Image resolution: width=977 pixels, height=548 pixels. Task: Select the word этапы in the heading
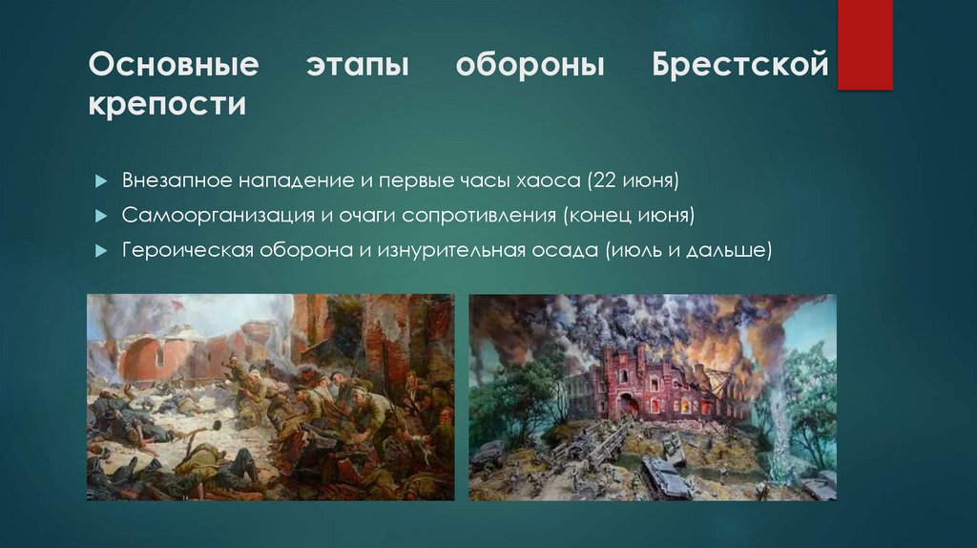click(x=357, y=67)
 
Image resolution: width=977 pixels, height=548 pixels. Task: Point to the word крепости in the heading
click(x=167, y=103)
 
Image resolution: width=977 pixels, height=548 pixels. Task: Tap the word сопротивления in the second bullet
click(x=480, y=216)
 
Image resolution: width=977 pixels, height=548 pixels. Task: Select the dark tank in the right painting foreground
click(x=664, y=478)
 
